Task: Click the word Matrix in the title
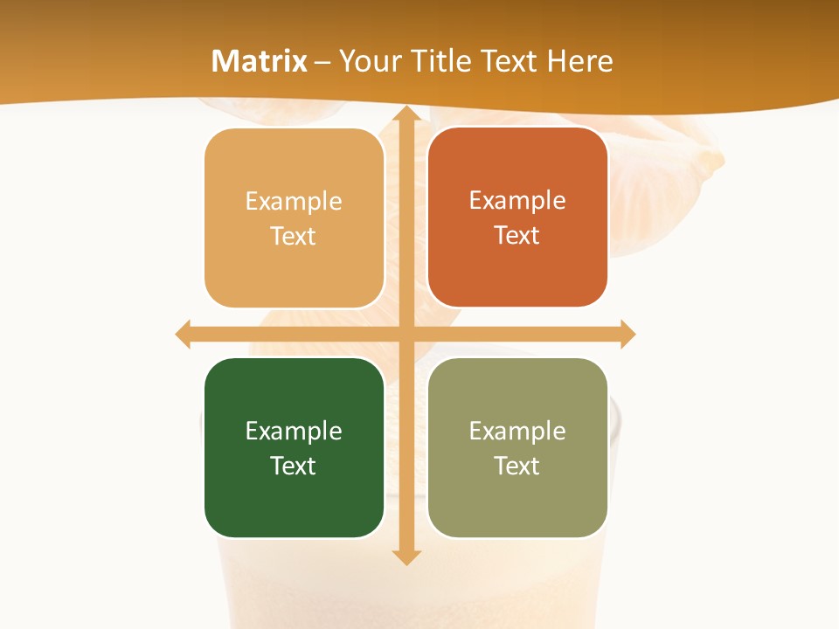260,61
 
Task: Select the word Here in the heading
579,61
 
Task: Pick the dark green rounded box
294,498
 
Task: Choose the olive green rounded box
517,498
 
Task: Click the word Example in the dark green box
294,431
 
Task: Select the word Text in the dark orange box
517,235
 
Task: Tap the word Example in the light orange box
294,201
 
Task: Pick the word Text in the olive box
517,466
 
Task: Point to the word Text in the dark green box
294,466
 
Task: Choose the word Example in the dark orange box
517,200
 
